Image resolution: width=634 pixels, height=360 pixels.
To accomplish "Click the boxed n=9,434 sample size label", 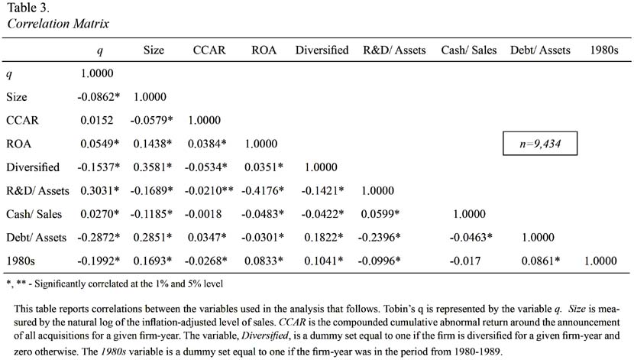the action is [540, 144].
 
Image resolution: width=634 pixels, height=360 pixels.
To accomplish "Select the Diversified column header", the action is [322, 50].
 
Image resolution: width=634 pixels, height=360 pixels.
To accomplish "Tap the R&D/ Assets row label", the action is [37, 190].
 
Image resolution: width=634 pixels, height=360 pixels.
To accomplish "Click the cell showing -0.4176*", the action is [263, 190].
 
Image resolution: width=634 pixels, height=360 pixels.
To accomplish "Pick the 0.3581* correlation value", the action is [153, 167].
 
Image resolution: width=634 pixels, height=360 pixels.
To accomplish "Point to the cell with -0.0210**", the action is [209, 190].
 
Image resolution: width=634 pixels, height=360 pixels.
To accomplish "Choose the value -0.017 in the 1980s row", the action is [465, 261].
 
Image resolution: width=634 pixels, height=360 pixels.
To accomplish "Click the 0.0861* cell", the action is [541, 261].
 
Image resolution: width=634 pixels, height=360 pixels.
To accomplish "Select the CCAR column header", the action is [209, 50].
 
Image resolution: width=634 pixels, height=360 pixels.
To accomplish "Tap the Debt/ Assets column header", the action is [540, 50].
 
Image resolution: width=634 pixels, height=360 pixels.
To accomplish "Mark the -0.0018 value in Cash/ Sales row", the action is [203, 214].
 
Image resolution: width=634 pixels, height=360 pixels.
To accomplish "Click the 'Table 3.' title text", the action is [28, 8].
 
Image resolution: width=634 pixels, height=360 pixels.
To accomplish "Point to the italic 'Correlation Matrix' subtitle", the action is [58, 24].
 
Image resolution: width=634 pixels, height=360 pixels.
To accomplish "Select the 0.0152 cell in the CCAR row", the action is [97, 120].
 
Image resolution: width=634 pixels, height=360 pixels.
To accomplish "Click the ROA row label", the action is [18, 144].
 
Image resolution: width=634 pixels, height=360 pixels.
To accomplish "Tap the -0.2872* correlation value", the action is [99, 238].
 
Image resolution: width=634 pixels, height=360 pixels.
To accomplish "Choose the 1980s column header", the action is [604, 50].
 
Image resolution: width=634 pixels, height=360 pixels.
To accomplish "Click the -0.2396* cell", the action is [379, 238].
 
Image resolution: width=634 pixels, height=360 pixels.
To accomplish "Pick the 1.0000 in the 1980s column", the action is [600, 261].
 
